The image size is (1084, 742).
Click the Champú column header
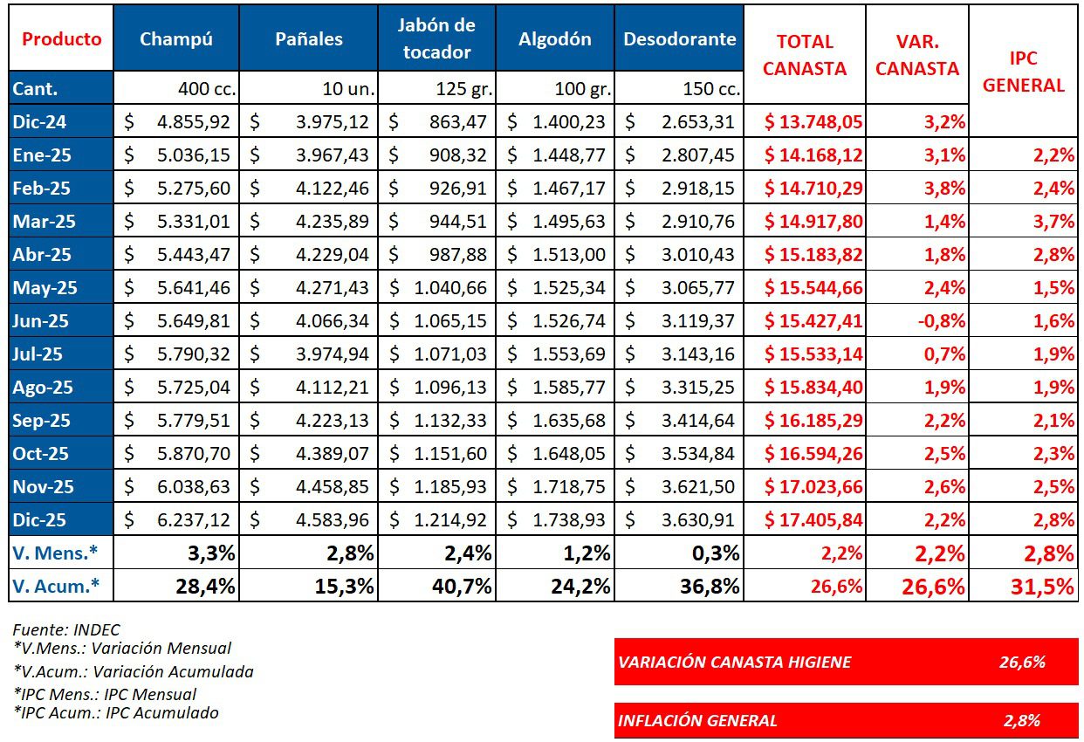(176, 38)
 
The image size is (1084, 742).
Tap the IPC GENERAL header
(1024, 72)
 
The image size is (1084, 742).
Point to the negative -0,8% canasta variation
(940, 320)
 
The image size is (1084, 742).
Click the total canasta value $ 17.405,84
(813, 519)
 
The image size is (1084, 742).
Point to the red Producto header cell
(61, 38)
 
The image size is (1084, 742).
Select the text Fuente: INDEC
(66, 629)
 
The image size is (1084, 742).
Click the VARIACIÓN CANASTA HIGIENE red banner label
(734, 662)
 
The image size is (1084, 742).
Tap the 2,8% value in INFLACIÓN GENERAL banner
(1022, 720)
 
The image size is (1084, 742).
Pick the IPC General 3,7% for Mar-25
(1053, 221)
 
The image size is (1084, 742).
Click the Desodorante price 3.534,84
(697, 453)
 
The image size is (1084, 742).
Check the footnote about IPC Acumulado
(117, 712)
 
